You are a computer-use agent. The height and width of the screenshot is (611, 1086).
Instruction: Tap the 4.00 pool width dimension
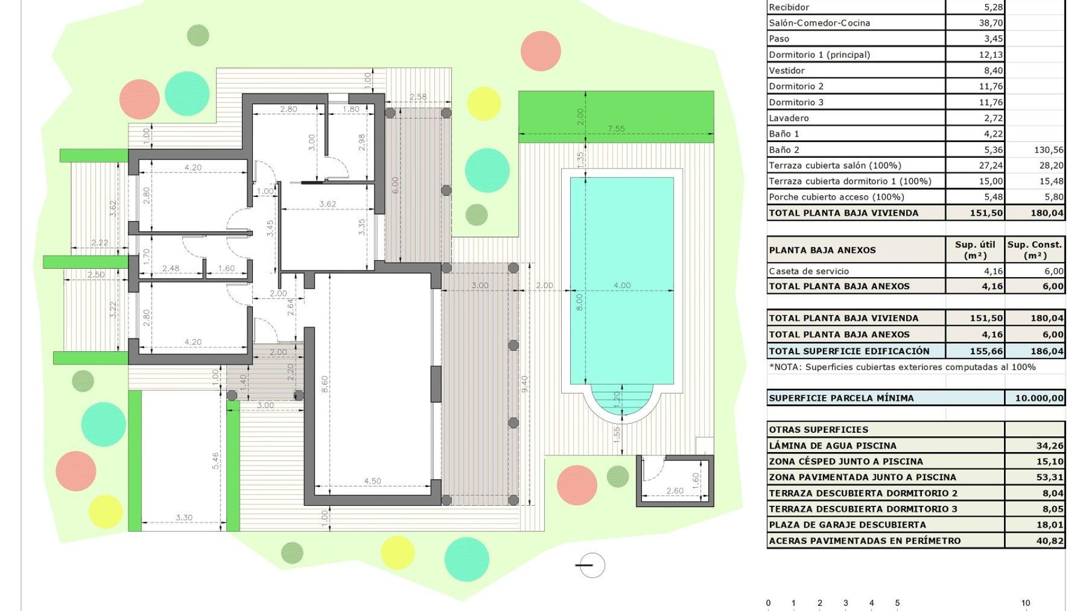(622, 286)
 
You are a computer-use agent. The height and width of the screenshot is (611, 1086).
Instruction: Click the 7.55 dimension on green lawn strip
(616, 129)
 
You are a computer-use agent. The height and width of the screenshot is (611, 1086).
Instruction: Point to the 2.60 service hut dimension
(674, 490)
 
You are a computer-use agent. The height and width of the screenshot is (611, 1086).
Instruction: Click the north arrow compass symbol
(592, 565)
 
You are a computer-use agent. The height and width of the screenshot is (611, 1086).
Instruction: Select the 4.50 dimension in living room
(372, 481)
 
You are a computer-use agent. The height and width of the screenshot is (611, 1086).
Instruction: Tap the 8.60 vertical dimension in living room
(325, 384)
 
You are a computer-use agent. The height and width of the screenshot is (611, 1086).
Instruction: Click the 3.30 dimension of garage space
(184, 517)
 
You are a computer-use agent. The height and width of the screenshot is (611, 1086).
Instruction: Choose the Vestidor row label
(786, 71)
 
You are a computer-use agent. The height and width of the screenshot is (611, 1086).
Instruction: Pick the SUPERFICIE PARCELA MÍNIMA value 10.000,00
(1039, 398)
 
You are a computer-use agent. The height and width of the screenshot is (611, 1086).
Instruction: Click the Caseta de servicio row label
(808, 271)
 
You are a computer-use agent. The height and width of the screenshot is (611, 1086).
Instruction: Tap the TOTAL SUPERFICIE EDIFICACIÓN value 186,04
(1046, 351)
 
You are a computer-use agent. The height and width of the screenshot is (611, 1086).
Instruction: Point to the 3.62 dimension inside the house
(327, 204)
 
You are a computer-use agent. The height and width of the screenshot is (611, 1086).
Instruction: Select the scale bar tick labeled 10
(1025, 603)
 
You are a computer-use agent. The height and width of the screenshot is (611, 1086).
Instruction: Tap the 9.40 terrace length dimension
(524, 384)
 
